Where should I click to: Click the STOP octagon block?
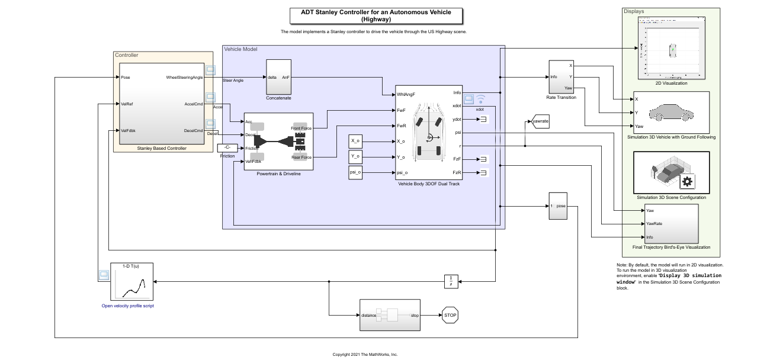click(450, 315)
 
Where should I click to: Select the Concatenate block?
click(278, 76)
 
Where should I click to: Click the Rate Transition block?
click(561, 76)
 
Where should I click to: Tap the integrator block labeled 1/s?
click(451, 281)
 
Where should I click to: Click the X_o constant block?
click(356, 141)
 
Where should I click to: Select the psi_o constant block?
click(356, 172)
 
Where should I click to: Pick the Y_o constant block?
click(356, 157)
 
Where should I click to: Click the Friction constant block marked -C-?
click(227, 147)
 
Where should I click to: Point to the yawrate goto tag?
click(540, 122)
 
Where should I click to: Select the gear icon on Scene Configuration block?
click(687, 181)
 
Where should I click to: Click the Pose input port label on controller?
click(125, 78)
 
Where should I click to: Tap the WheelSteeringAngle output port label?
click(185, 78)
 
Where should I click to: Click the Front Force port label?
click(301, 128)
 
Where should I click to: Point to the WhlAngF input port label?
click(406, 94)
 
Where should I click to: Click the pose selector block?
click(558, 206)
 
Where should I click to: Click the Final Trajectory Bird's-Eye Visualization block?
click(671, 223)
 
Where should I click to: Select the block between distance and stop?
click(390, 315)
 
